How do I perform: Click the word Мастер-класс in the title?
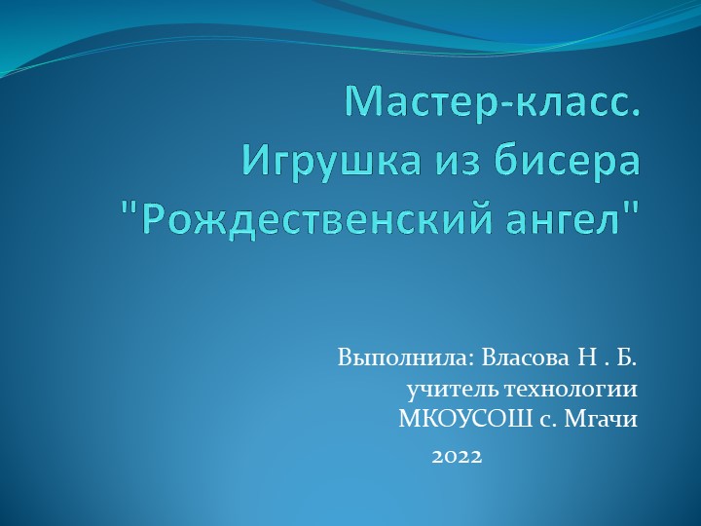click(495, 101)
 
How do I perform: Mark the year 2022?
click(457, 455)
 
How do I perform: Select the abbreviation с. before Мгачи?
click(551, 421)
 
